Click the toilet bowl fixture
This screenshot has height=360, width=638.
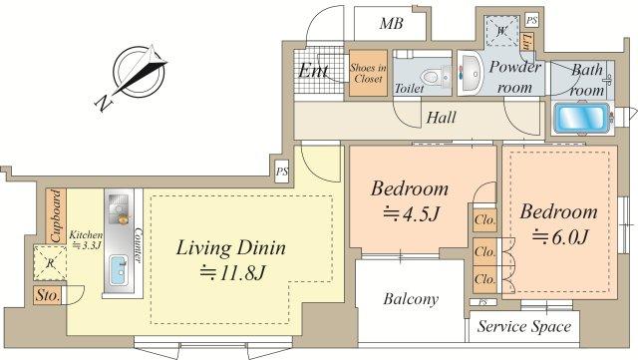pos(431,74)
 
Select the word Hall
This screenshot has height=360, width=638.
pos(441,118)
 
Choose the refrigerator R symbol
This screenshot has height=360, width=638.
pos(52,265)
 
